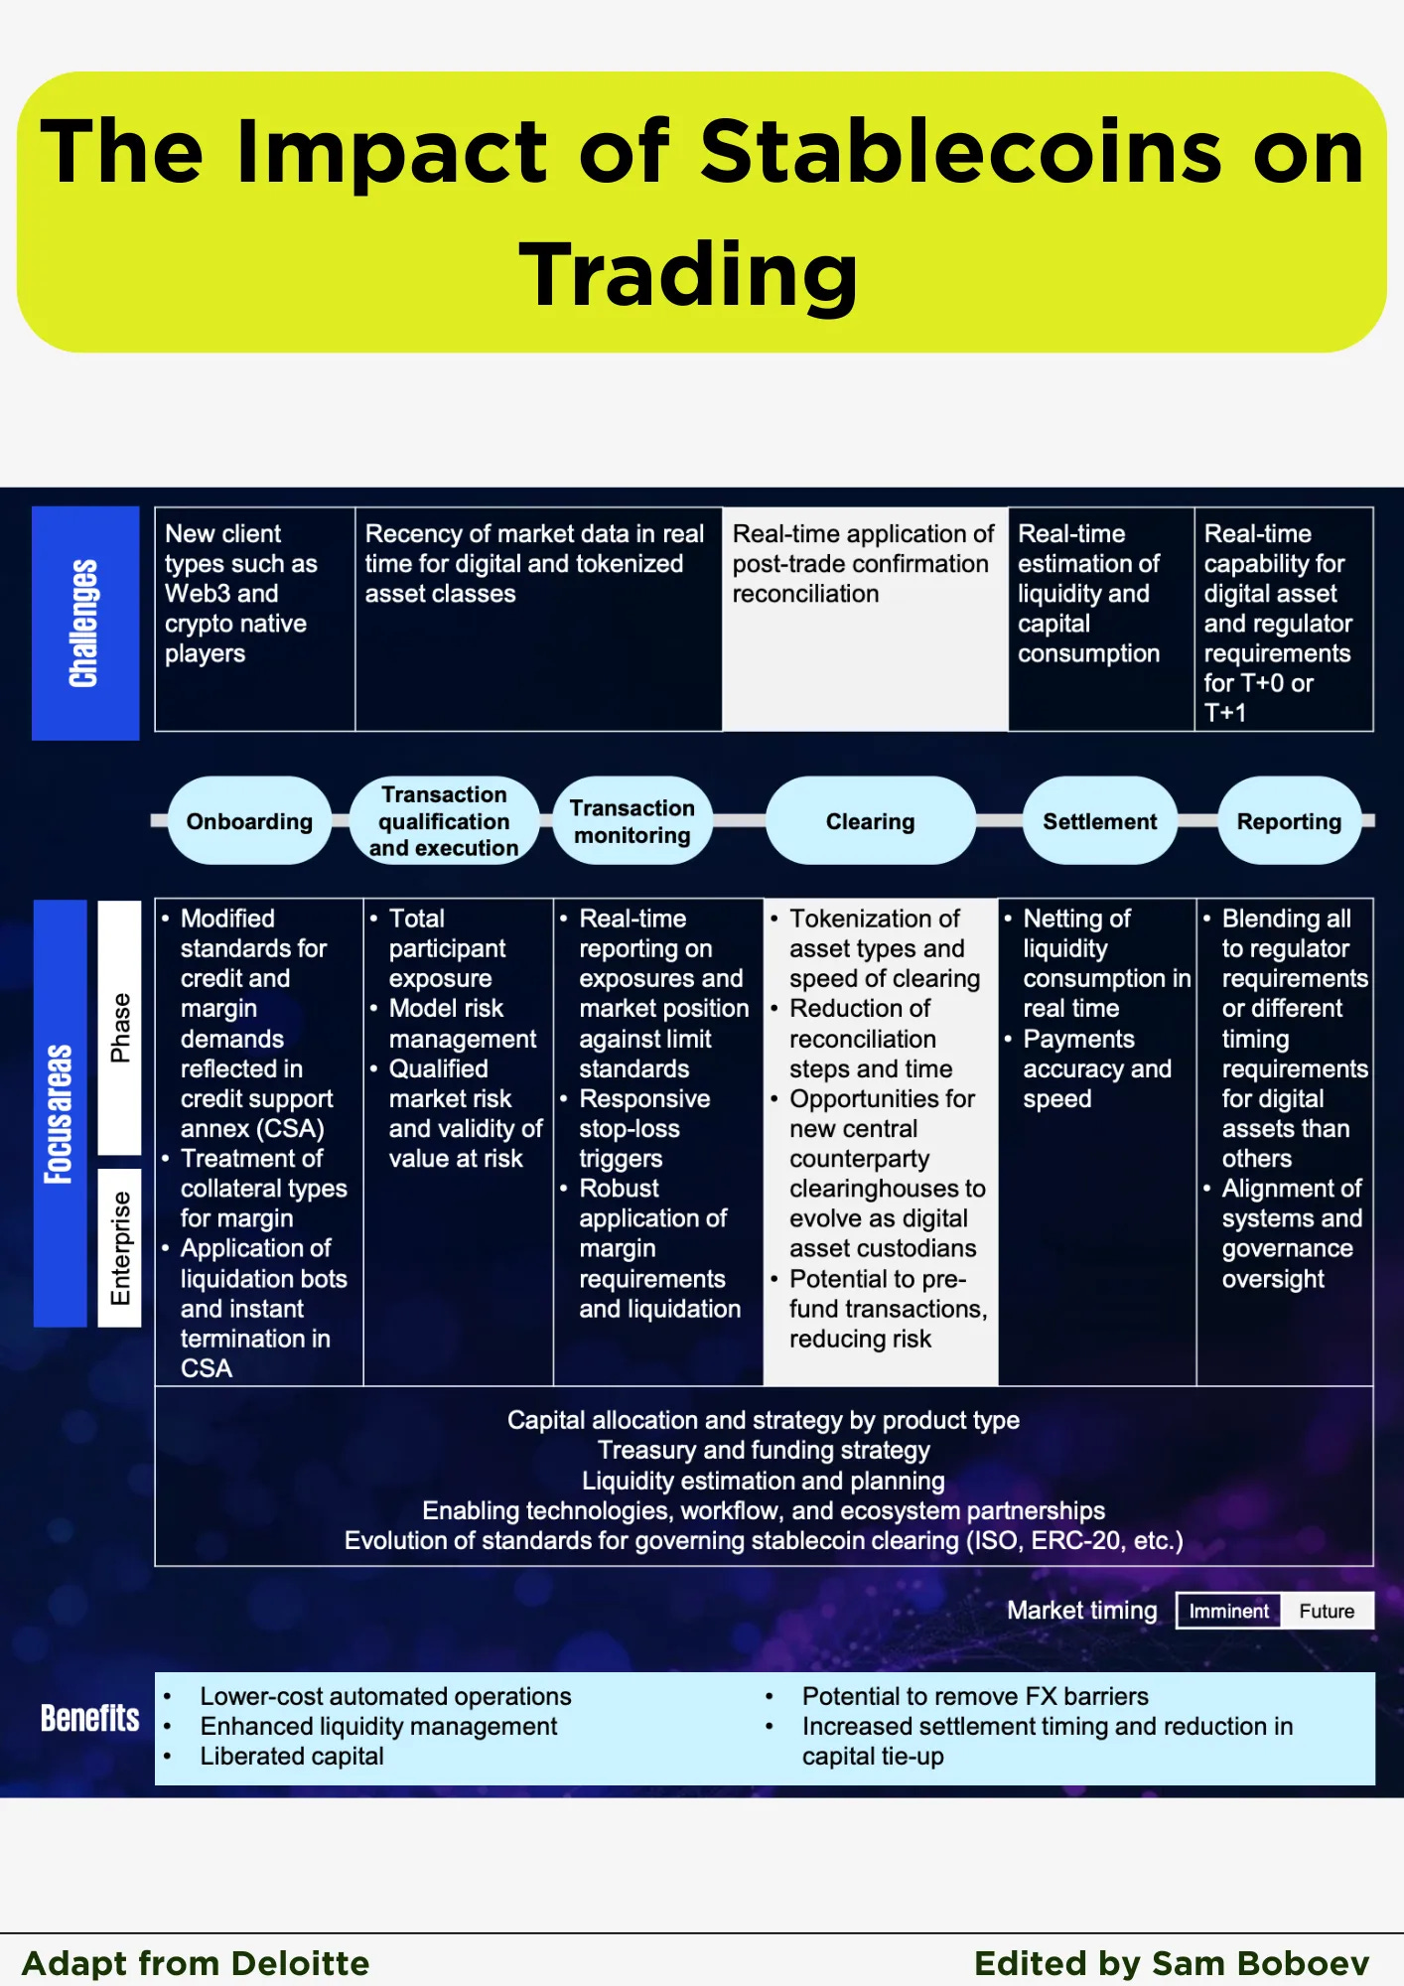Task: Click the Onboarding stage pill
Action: click(249, 821)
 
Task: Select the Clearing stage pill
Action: click(870, 821)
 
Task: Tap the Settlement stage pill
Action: click(1099, 821)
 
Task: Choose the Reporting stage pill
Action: click(1289, 821)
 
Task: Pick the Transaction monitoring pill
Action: click(632, 821)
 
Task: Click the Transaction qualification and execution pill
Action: click(444, 821)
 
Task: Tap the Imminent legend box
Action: click(1228, 1611)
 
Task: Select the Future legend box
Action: click(1327, 1611)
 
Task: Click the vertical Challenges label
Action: click(84, 624)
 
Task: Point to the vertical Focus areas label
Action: click(60, 1113)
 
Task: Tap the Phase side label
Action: click(120, 1028)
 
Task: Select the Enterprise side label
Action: click(120, 1248)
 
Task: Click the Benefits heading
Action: click(89, 1718)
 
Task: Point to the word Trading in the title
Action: click(688, 275)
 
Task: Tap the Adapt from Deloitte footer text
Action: click(196, 1963)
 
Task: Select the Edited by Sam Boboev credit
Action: click(1172, 1963)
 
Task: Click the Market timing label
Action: click(1081, 1611)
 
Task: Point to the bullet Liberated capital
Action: click(292, 1757)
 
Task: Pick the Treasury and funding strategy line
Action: click(764, 1451)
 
